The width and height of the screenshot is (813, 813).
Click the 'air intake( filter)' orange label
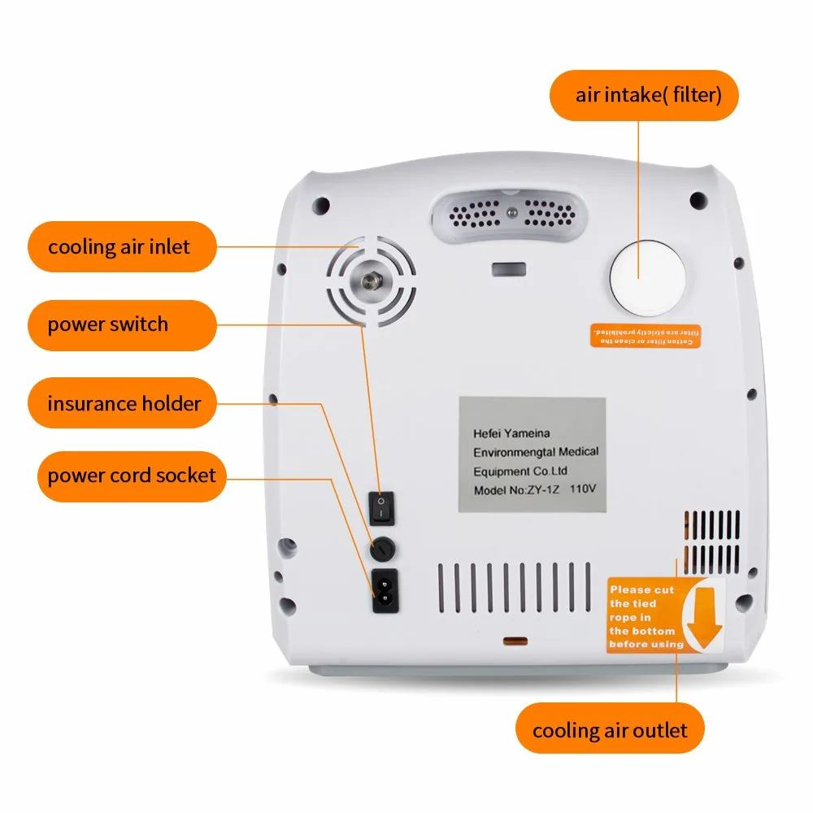(648, 95)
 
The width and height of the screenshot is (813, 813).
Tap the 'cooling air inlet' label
(119, 246)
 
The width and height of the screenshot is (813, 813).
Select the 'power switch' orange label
(107, 324)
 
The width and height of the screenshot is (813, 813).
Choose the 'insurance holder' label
(124, 402)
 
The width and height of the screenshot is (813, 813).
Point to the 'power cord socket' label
(132, 475)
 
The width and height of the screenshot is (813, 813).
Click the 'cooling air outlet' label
(610, 729)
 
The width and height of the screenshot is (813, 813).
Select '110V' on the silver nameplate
(582, 491)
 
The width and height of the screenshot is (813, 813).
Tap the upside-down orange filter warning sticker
(643, 337)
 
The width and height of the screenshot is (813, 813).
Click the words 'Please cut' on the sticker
(641, 589)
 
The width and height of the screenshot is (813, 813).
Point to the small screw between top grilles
(511, 213)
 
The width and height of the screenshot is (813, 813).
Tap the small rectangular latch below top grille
(505, 268)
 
